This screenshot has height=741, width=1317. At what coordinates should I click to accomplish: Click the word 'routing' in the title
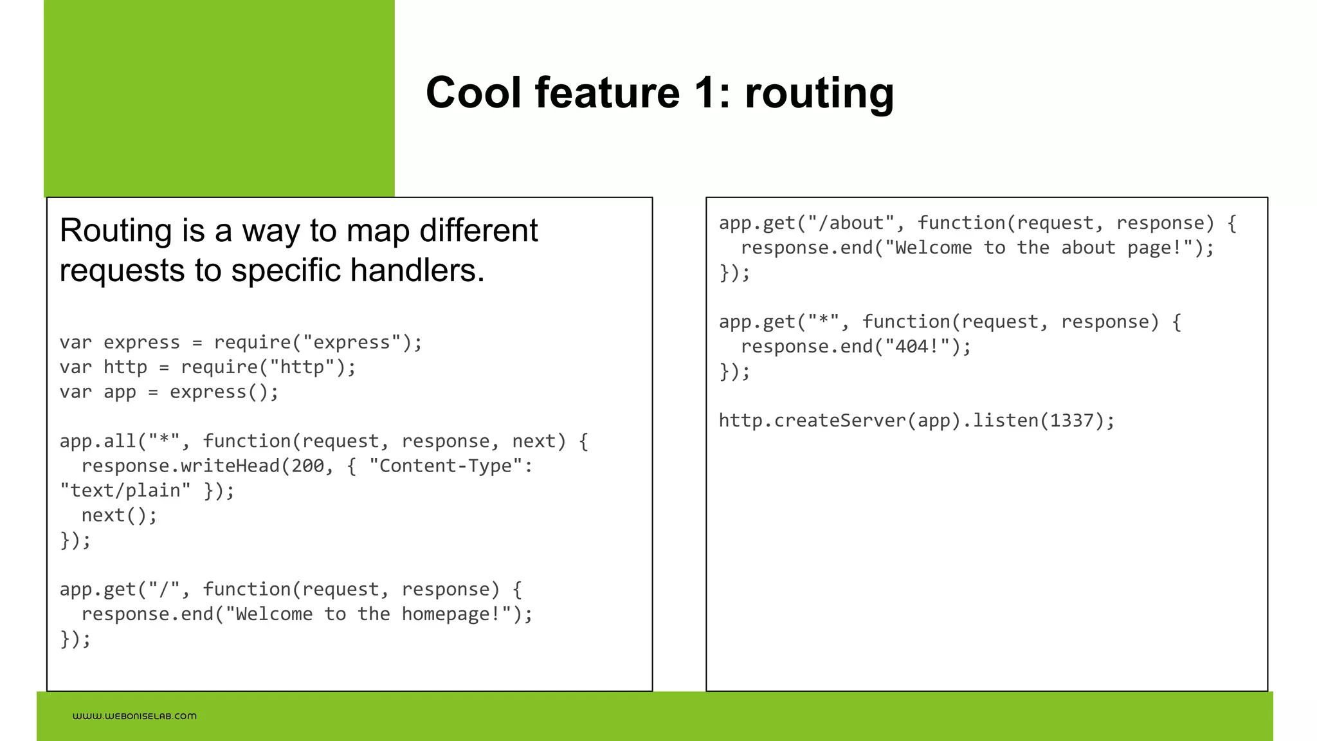[x=819, y=93]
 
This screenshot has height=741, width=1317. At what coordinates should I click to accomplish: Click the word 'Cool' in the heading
[x=473, y=93]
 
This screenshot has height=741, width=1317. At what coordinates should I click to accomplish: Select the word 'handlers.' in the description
[x=417, y=270]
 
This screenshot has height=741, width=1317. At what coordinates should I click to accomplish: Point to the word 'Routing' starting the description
[x=116, y=231]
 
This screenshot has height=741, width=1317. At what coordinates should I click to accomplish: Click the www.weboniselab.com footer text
[x=134, y=716]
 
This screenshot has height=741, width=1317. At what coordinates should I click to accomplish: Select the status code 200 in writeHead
[x=307, y=466]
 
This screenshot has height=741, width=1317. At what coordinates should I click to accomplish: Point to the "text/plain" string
[x=125, y=491]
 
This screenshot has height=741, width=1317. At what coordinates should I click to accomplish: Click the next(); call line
[x=119, y=515]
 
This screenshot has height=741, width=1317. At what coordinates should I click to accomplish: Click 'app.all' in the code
[x=98, y=441]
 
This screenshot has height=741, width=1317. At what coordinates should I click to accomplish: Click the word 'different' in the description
[x=478, y=231]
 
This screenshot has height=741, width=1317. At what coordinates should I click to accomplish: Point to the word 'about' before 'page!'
[x=1088, y=248]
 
